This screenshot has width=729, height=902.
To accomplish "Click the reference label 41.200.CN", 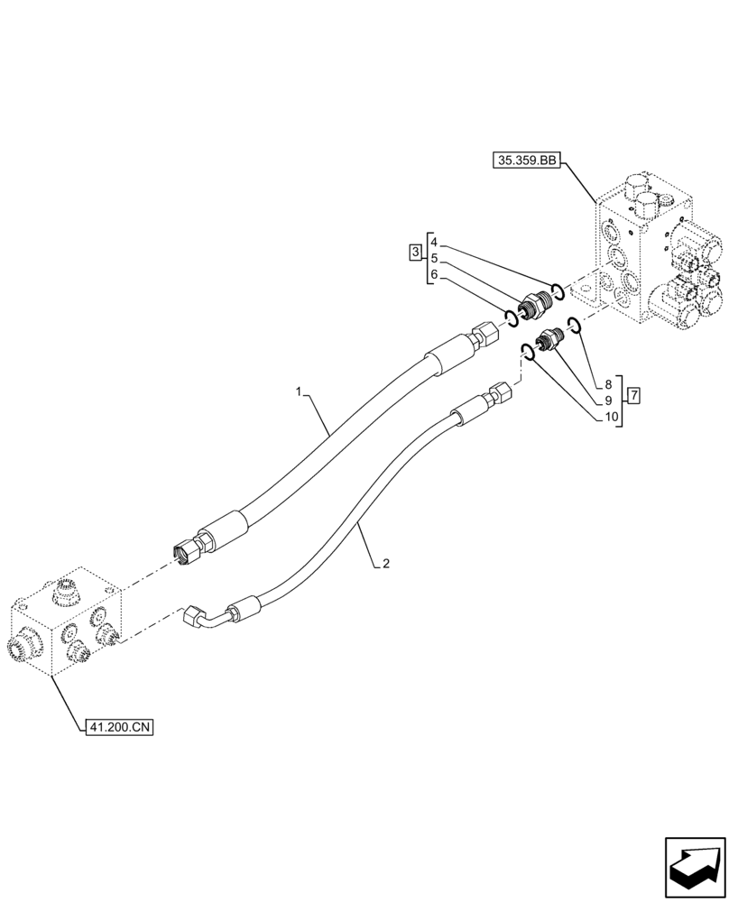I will coord(117,724).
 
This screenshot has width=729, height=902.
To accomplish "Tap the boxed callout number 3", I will coord(415,252).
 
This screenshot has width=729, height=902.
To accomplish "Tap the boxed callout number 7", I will coord(634,395).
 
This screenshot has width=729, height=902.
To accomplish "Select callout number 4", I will coord(434,243).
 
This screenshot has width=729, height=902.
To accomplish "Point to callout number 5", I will coord(434,259).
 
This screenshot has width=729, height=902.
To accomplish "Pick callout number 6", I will coord(434,275).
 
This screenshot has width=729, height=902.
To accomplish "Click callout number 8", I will coord(609,384).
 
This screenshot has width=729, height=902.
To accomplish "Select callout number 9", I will coord(609,400).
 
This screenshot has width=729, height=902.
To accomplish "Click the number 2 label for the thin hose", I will coord(385,564).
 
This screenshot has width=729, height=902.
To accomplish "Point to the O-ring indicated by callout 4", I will coord(558,290).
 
